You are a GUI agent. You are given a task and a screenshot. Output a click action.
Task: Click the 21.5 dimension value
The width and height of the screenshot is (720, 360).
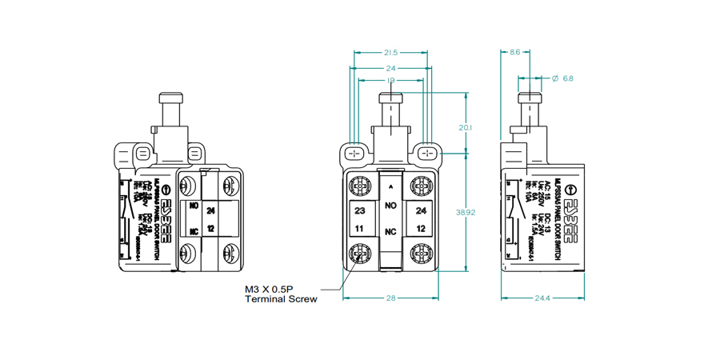(391, 53)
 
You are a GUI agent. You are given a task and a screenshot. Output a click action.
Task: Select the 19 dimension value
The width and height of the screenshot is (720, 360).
(391, 80)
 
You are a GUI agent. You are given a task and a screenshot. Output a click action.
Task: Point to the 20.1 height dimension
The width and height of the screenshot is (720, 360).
(466, 128)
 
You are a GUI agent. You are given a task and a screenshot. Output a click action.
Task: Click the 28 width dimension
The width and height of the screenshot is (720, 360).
(391, 298)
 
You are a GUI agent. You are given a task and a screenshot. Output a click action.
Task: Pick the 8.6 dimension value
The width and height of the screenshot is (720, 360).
(514, 53)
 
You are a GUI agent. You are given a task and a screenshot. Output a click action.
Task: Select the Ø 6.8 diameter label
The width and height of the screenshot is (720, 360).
(563, 78)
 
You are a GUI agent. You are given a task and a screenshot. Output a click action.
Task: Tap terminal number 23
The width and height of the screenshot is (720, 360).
(360, 211)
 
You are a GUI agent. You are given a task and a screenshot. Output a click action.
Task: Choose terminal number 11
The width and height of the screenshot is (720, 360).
(360, 229)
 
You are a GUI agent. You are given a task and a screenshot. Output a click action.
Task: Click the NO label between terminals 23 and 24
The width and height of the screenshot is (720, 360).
(391, 206)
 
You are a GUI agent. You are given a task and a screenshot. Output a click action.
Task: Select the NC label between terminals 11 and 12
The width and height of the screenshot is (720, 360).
(391, 231)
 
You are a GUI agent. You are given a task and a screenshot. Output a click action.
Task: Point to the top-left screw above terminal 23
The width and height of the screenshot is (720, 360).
(361, 186)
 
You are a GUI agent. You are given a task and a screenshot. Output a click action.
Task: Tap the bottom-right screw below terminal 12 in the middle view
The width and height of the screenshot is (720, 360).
(422, 254)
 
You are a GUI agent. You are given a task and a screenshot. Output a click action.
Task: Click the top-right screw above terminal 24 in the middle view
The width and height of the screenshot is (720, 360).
(422, 186)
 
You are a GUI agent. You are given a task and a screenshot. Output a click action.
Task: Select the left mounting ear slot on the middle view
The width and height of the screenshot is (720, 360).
(355, 152)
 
